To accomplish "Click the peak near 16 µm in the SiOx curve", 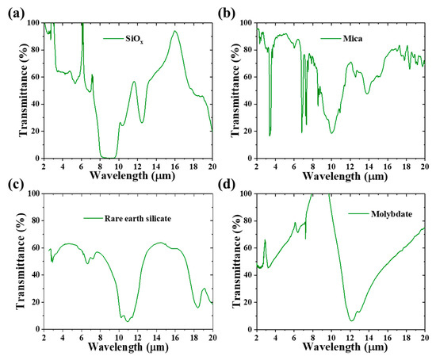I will point(174,32).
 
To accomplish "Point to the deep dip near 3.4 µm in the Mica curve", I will point(270,135).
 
